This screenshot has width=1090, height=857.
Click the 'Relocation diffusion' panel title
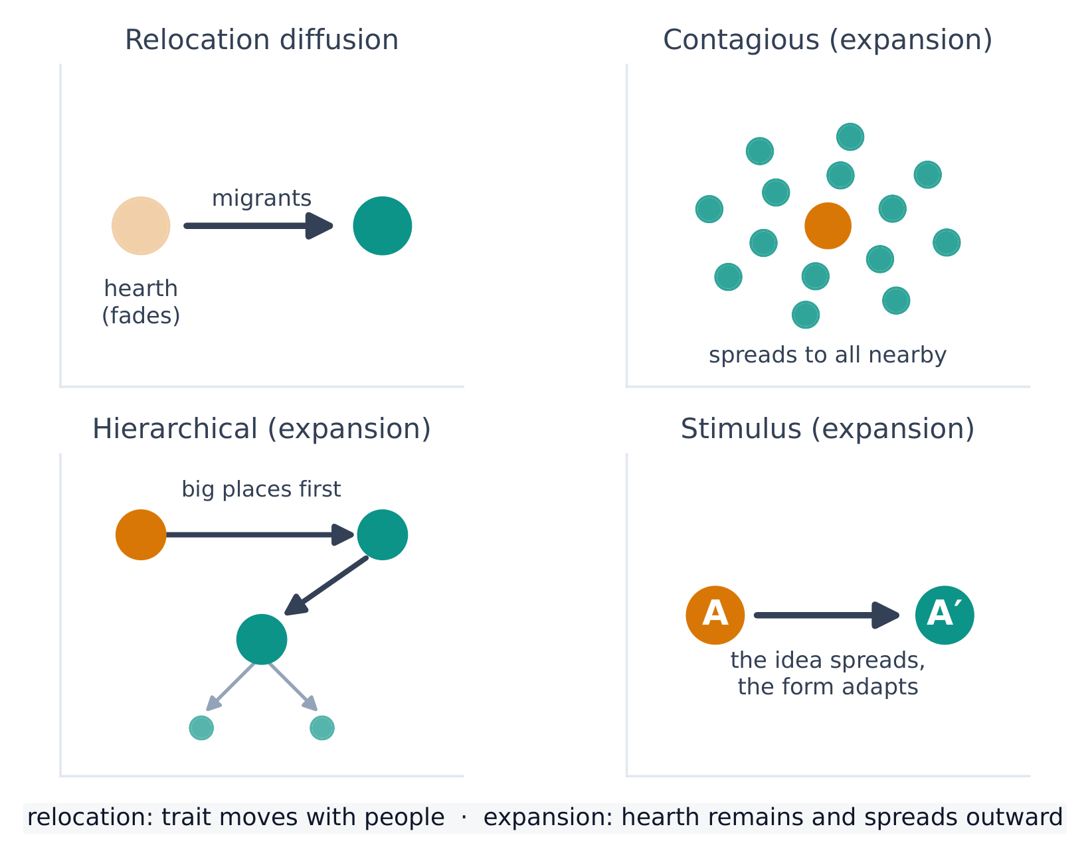(261, 40)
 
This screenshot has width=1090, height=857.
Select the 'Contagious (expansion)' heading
(827, 40)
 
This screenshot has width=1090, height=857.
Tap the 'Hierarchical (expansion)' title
(261, 429)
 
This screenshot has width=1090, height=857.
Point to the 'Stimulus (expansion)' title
(827, 429)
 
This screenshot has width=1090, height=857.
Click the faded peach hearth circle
(141, 226)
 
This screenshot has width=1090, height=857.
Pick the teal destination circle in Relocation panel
(383, 226)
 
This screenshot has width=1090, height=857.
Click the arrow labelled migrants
(258, 226)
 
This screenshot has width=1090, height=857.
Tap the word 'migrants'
(261, 198)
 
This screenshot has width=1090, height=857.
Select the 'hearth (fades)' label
(141, 302)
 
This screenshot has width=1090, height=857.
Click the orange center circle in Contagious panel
(828, 226)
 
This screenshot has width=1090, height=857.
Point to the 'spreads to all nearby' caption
(827, 355)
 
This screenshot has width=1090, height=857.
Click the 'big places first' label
(261, 489)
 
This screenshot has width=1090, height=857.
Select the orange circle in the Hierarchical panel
(141, 534)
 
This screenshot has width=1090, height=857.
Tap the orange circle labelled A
(715, 615)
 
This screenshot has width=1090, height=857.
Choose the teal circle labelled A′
(945, 615)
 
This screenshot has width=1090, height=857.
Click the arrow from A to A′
(826, 615)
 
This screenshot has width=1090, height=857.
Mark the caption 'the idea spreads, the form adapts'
(828, 673)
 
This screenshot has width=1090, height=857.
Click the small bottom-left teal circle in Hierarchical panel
(201, 728)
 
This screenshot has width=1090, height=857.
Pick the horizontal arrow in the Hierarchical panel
(260, 534)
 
